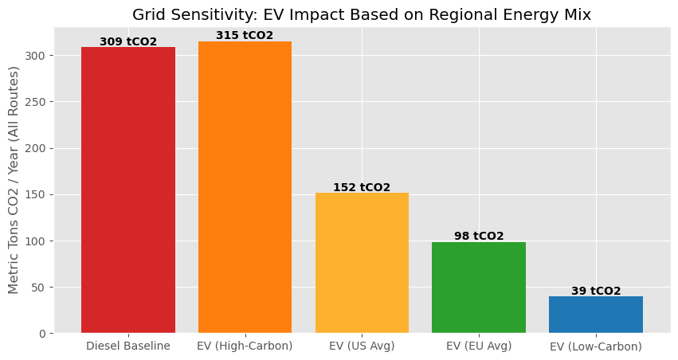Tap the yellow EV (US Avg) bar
click(362, 263)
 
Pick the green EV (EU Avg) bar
click(479, 288)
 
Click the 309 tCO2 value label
click(127, 41)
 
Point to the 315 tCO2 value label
click(245, 36)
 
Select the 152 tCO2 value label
click(362, 187)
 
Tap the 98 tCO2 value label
click(479, 237)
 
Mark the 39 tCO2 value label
click(596, 292)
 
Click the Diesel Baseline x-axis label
click(127, 346)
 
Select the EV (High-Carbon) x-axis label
click(245, 346)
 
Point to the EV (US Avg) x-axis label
click(362, 346)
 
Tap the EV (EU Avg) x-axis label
click(479, 346)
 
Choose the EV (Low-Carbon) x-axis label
click(596, 346)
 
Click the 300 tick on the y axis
click(37, 56)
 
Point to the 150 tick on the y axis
click(37, 194)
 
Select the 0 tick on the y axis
click(43, 333)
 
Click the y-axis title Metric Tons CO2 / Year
click(14, 179)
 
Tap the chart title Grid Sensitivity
click(362, 14)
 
